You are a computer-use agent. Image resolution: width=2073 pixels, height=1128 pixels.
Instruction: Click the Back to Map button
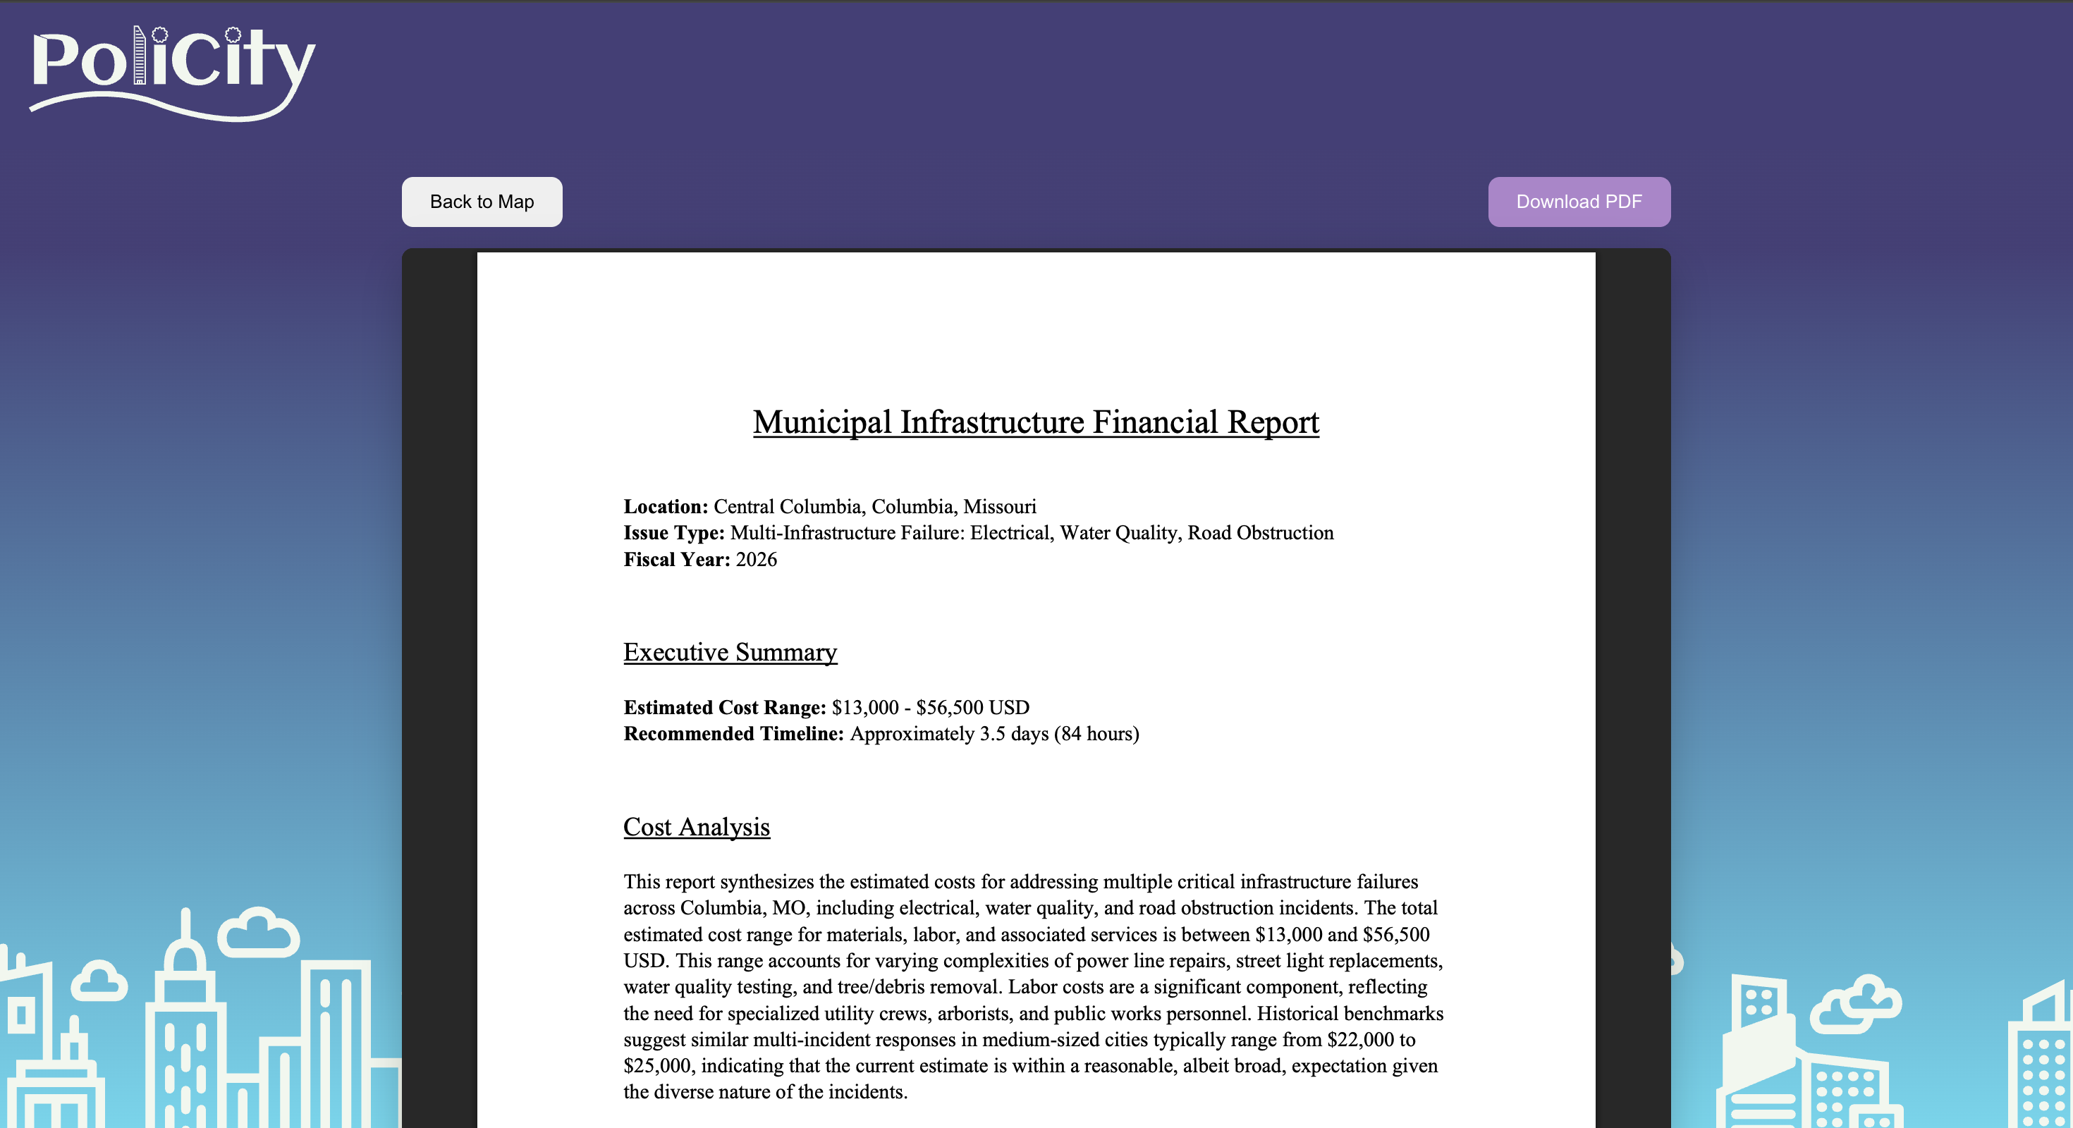[x=481, y=202]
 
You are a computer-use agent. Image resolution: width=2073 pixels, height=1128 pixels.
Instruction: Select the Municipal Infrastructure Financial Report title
[x=1036, y=422]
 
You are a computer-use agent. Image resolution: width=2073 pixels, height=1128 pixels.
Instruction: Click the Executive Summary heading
[x=730, y=651]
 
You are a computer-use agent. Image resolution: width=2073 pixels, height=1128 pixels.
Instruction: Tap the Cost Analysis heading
[x=696, y=827]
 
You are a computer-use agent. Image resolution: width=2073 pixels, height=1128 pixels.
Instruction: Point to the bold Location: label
[x=666, y=507]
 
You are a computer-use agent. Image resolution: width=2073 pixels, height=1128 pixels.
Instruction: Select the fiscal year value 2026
[x=757, y=560]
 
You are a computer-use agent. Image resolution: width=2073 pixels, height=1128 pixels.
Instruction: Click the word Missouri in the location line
[x=1000, y=507]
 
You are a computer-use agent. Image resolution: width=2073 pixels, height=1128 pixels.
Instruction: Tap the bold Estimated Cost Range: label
[x=724, y=708]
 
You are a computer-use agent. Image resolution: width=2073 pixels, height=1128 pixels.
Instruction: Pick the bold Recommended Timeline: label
[x=733, y=735]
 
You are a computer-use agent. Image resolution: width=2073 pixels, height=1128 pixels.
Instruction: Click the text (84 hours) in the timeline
[x=1096, y=735]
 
